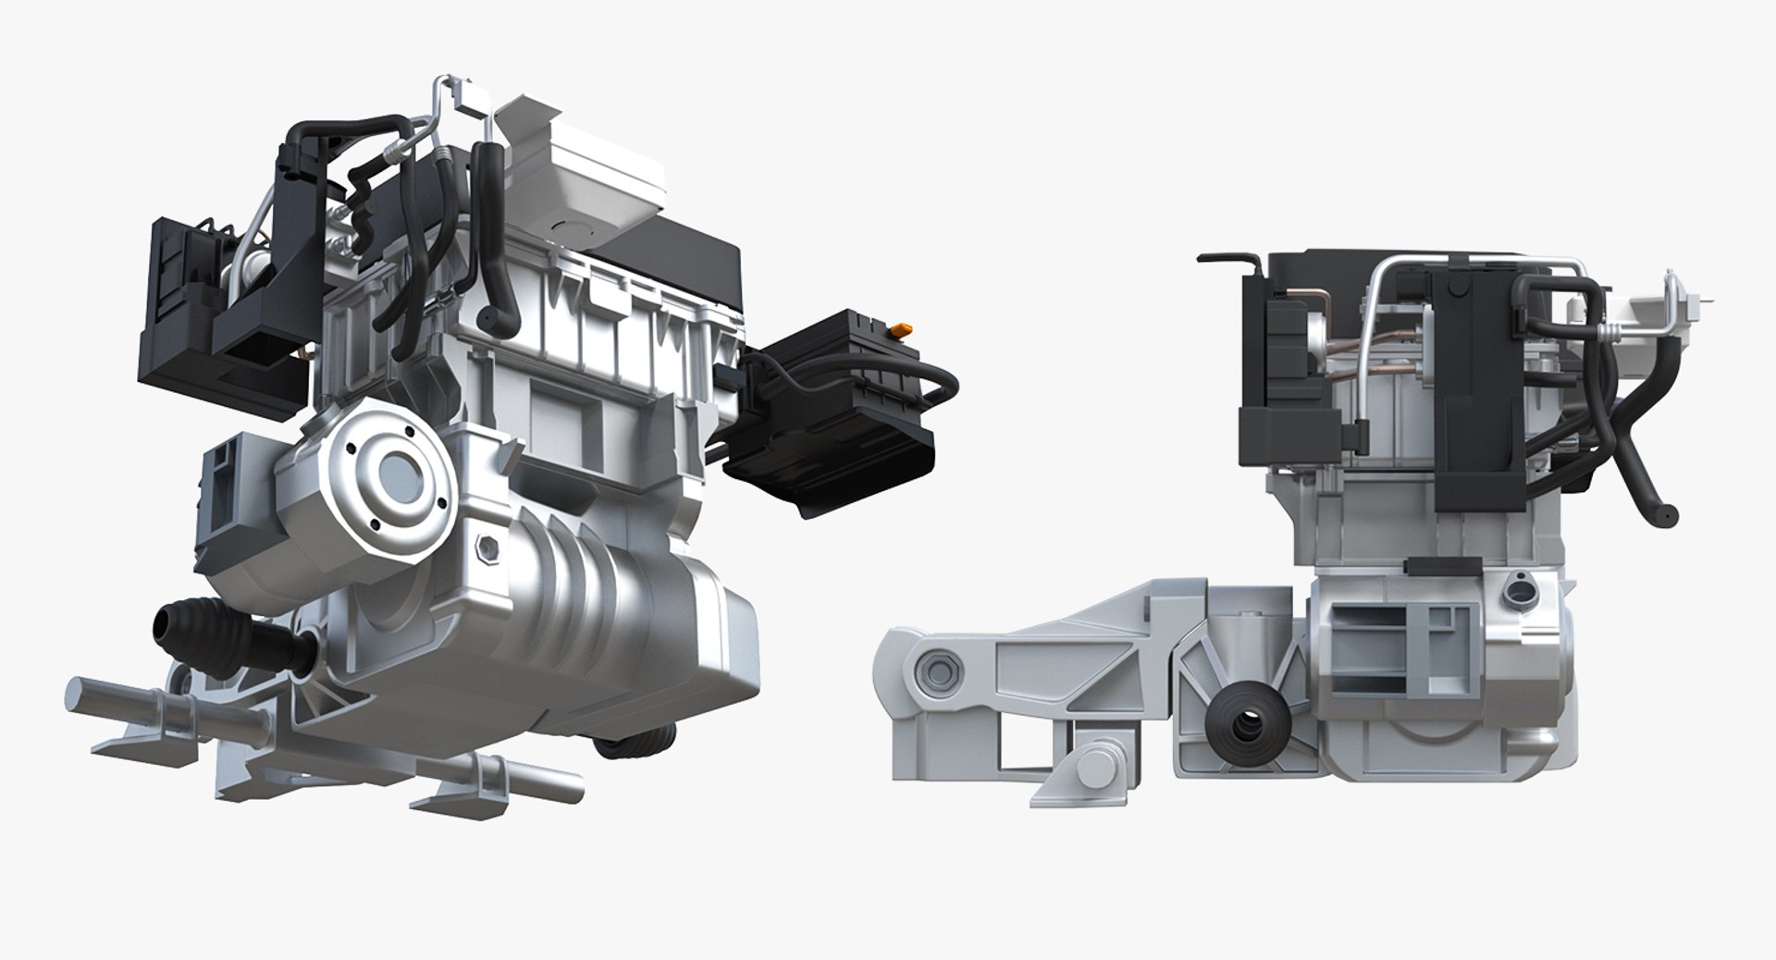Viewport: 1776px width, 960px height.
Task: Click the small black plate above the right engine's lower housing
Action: point(1419,565)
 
